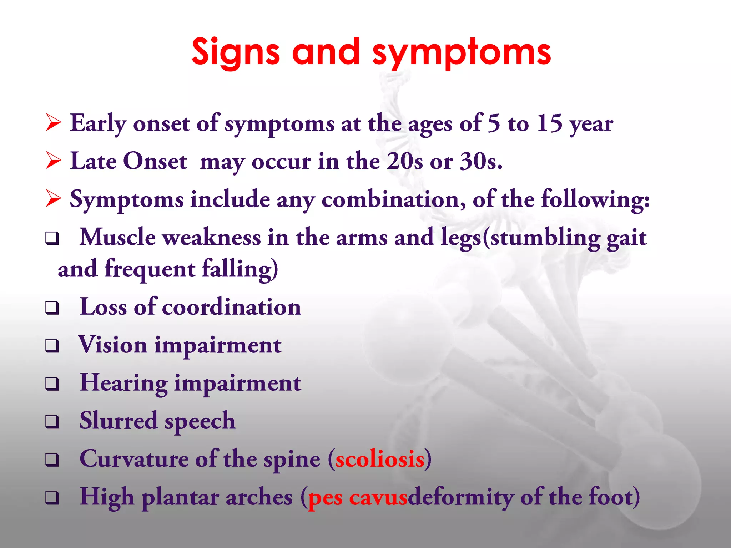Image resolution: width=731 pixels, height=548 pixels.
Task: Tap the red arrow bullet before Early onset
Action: (54, 123)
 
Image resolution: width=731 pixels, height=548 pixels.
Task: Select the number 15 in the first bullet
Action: (550, 123)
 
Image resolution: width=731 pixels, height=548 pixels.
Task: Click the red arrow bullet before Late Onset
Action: (54, 161)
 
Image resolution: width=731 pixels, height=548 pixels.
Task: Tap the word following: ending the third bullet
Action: (595, 199)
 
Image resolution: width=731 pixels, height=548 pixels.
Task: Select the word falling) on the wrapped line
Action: (240, 269)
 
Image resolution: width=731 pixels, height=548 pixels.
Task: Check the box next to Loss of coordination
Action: (52, 308)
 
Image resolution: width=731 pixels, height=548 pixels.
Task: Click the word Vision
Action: (112, 345)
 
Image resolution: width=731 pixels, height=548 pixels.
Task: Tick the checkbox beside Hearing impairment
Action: (52, 384)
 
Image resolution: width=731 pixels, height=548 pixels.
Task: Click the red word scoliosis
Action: (380, 459)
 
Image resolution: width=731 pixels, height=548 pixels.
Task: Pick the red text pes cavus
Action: (357, 497)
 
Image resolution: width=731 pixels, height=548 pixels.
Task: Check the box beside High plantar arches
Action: (52, 497)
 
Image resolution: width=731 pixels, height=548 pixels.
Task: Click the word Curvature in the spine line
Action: (134, 459)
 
